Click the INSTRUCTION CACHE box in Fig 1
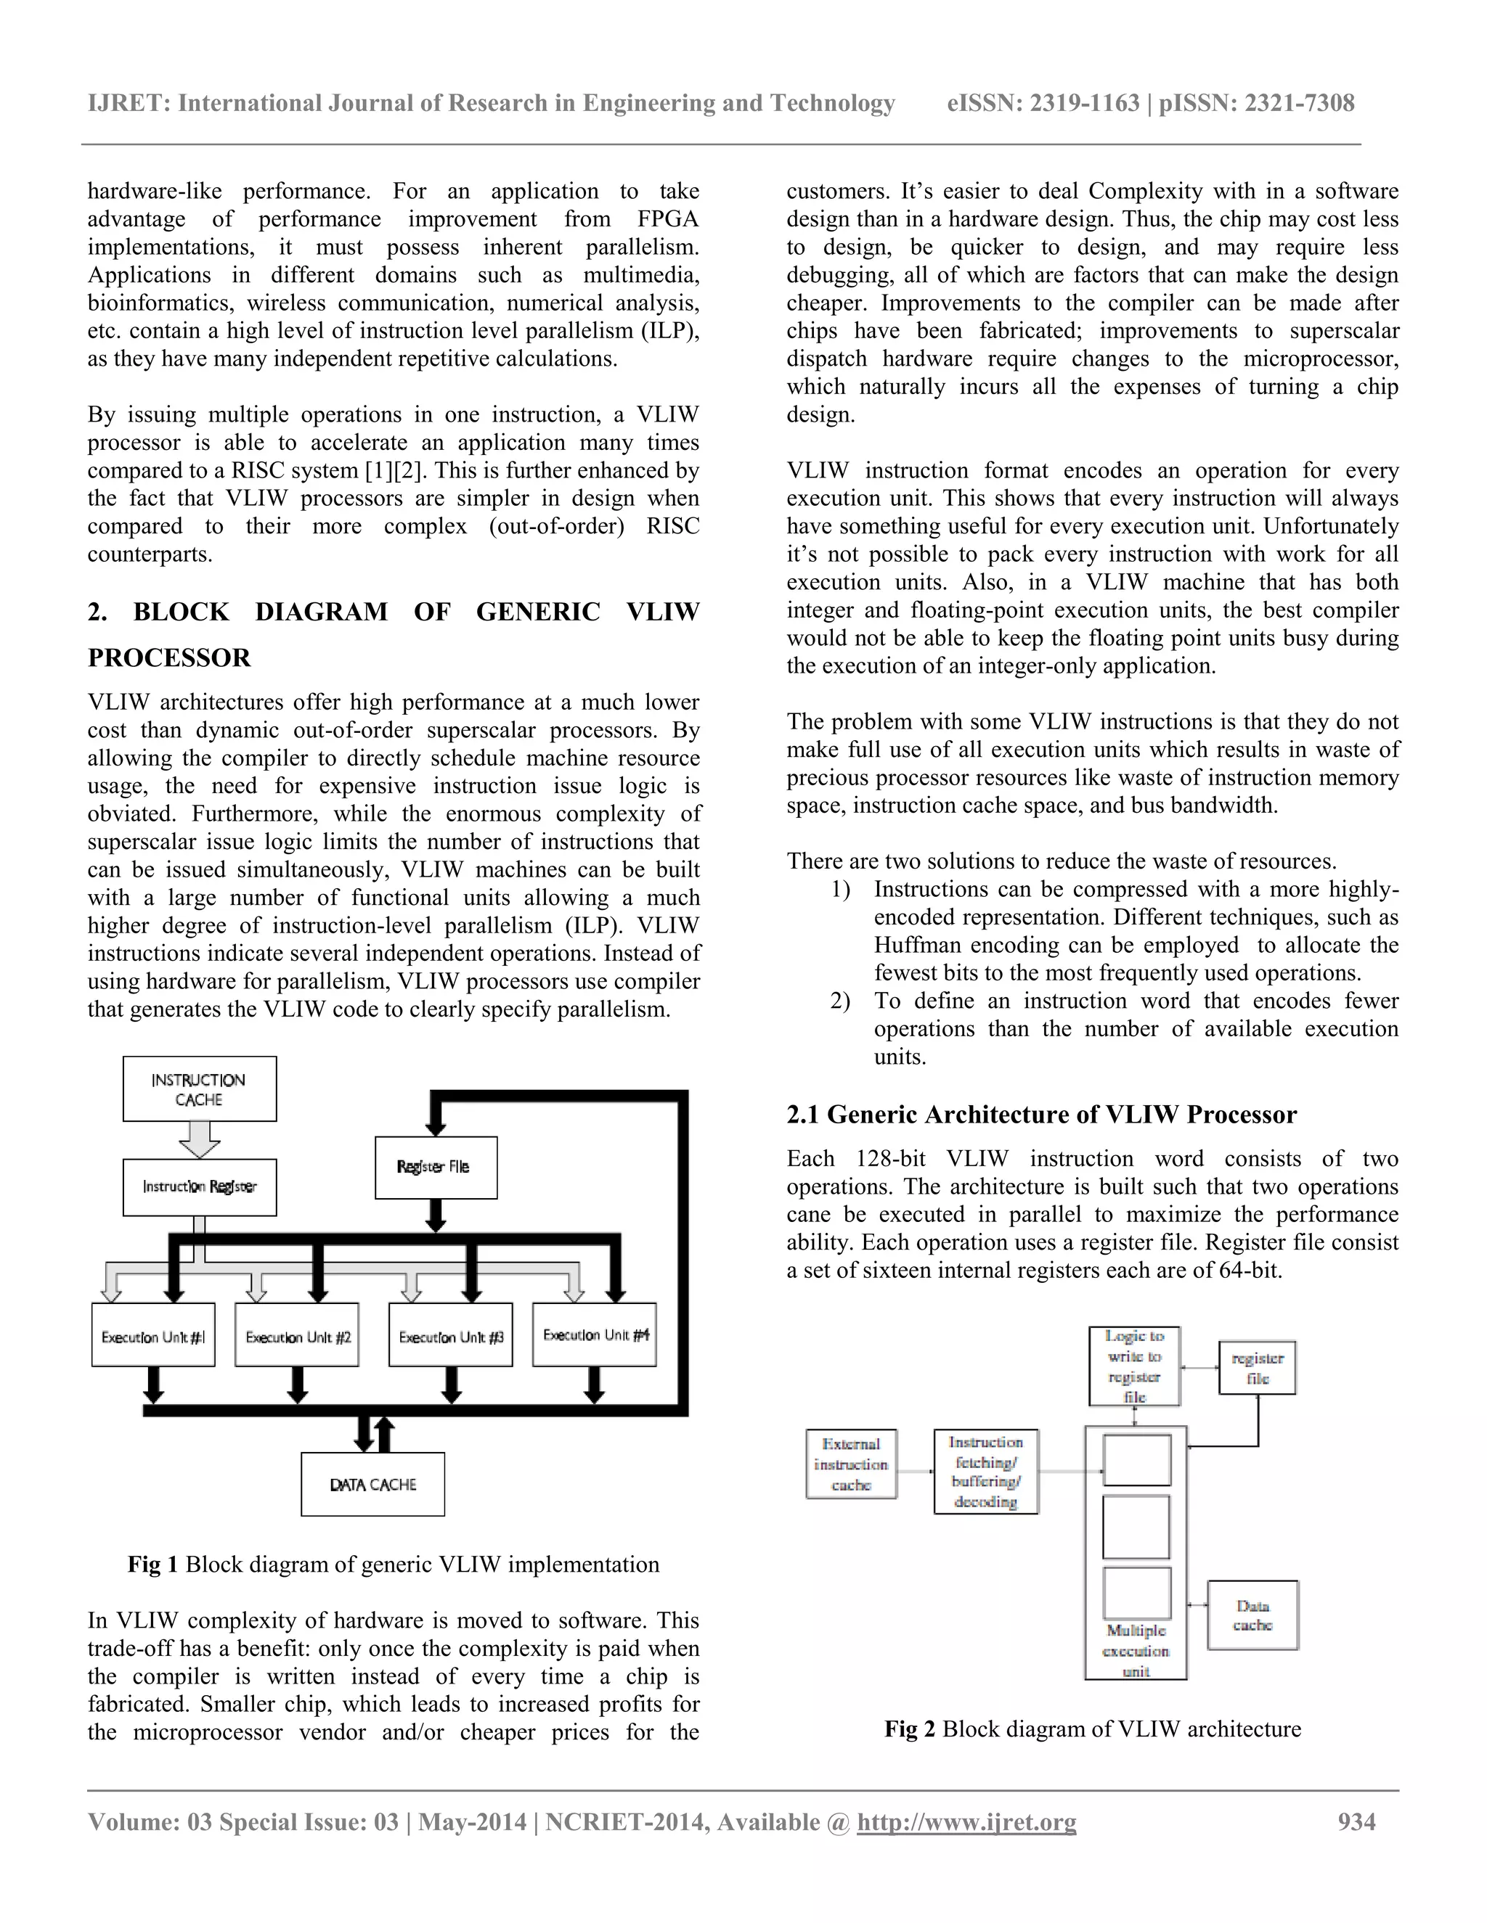pyautogui.click(x=199, y=1089)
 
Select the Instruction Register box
pyautogui.click(x=199, y=1187)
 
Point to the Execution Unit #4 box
pyautogui.click(x=595, y=1334)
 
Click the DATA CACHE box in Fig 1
pyautogui.click(x=372, y=1485)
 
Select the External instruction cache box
pyautogui.click(x=851, y=1464)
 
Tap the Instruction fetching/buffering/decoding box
pyautogui.click(x=986, y=1472)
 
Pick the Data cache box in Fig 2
pyautogui.click(x=1252, y=1615)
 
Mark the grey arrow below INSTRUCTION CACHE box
pyautogui.click(x=199, y=1139)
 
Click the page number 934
pyautogui.click(x=1356, y=1821)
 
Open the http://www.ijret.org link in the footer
pyautogui.click(x=966, y=1821)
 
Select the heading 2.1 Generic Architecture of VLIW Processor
pyautogui.click(x=1041, y=1115)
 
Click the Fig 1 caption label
pyautogui.click(x=152, y=1564)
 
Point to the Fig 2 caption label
pyautogui.click(x=909, y=1729)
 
